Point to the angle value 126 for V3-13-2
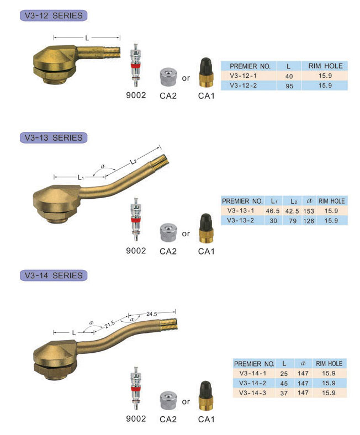pyautogui.click(x=308, y=220)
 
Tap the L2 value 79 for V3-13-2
pyautogui.click(x=291, y=220)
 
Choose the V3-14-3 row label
pyautogui.click(x=253, y=392)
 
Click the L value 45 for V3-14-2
pyautogui.click(x=284, y=383)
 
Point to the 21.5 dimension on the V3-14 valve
pyautogui.click(x=110, y=323)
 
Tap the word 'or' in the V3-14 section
pyautogui.click(x=186, y=401)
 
